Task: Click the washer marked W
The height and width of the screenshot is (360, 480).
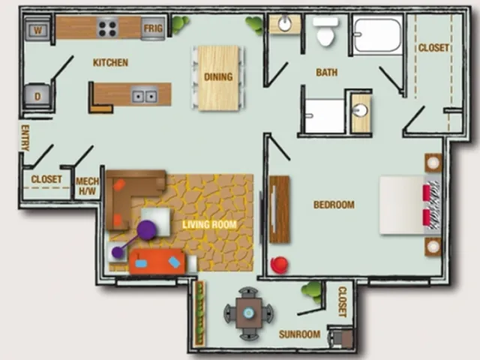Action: click(x=37, y=30)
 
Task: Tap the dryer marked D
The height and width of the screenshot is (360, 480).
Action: click(x=37, y=96)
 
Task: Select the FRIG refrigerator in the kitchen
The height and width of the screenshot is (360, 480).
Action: click(x=153, y=28)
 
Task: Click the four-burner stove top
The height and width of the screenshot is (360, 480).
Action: click(x=108, y=28)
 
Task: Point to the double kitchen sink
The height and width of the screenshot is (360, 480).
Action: click(x=144, y=96)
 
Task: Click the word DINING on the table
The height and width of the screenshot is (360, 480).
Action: click(x=218, y=76)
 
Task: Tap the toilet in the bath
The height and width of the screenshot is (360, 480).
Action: click(x=325, y=31)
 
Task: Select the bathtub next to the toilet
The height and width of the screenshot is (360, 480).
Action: click(x=377, y=35)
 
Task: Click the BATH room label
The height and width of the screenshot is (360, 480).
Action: click(x=327, y=73)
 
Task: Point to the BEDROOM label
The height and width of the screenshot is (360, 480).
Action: click(x=334, y=205)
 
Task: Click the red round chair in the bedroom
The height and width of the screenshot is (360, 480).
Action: click(x=280, y=265)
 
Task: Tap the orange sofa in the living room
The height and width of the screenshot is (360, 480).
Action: click(x=157, y=262)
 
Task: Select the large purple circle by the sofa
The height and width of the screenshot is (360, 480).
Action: click(x=147, y=229)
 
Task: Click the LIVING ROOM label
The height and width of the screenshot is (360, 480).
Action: click(x=209, y=225)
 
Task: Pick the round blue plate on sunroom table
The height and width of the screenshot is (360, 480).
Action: click(x=248, y=313)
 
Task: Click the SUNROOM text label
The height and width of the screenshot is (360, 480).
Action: click(x=299, y=334)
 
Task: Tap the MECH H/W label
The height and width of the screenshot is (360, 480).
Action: click(x=87, y=186)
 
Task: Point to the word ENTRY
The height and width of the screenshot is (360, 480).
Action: click(x=25, y=138)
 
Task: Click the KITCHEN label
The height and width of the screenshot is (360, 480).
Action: click(x=110, y=63)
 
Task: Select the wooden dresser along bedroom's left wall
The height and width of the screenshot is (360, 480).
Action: click(x=279, y=209)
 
